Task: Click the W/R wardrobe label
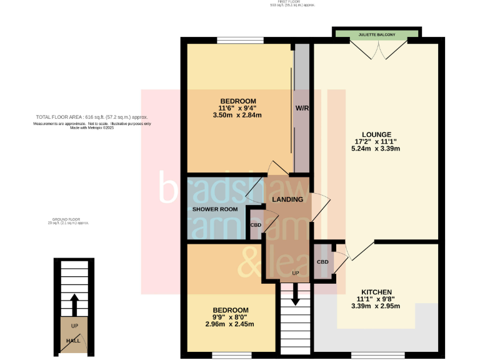[302, 108]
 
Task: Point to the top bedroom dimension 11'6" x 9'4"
[238, 107]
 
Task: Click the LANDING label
[287, 199]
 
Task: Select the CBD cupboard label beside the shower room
[256, 225]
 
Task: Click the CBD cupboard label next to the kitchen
[322, 262]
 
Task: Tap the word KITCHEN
[376, 292]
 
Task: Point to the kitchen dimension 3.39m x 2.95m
[376, 306]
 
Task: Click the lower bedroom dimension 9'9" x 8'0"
[231, 317]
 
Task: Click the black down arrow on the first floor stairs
[295, 296]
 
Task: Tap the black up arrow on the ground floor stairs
[74, 305]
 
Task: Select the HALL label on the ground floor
[73, 341]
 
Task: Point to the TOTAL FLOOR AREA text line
[92, 117]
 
